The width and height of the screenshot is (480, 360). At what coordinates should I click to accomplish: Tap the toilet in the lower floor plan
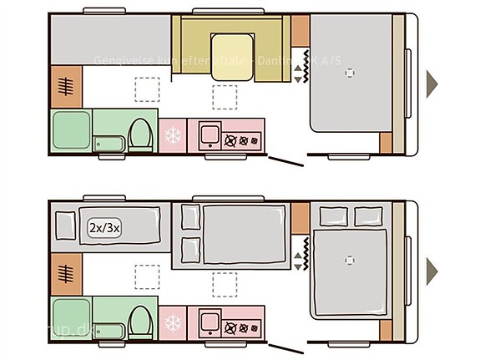pos(141,318)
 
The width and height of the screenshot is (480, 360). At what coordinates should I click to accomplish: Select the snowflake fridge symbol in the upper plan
pos(174,135)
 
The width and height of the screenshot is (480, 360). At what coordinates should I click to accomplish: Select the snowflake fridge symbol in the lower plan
pos(174,322)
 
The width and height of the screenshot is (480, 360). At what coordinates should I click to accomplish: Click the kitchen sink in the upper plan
pos(208,134)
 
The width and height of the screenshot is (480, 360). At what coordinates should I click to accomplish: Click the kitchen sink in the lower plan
pos(208,320)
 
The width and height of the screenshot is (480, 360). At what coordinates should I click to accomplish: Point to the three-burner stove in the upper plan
pos(243,139)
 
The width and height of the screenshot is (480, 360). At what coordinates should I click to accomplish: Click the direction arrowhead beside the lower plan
pos(432,269)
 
